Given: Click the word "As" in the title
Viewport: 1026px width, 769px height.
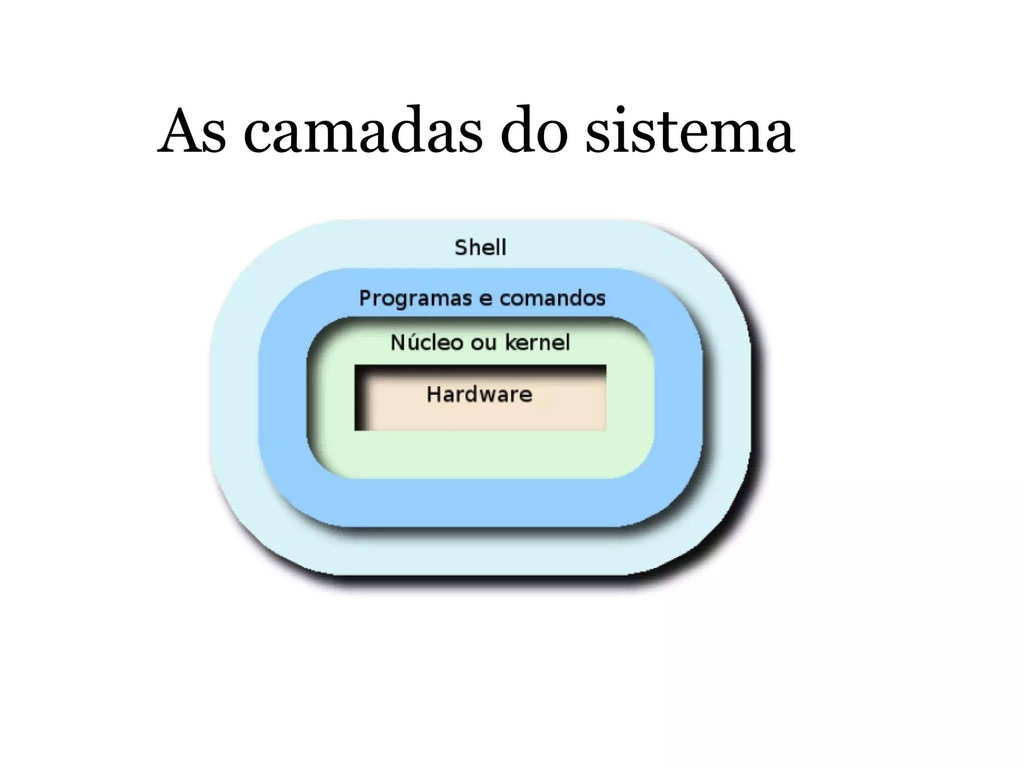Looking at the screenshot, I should pyautogui.click(x=192, y=131).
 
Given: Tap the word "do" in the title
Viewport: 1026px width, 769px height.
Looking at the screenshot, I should pyautogui.click(x=535, y=131).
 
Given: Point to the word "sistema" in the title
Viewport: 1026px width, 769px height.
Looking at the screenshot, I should pyautogui.click(x=690, y=131).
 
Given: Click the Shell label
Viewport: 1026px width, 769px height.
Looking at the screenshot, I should pyautogui.click(x=480, y=247).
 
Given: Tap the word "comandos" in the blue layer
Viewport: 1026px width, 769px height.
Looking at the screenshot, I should pyautogui.click(x=553, y=298).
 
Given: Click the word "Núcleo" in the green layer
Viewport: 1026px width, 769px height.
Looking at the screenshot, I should pyautogui.click(x=427, y=342).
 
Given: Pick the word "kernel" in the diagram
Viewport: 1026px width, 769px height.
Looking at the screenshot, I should pyautogui.click(x=538, y=342).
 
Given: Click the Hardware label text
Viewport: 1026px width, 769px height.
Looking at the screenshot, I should pyautogui.click(x=479, y=395).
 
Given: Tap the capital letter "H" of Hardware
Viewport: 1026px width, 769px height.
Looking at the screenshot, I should pyautogui.click(x=433, y=395).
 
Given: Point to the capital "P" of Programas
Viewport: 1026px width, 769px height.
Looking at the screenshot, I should pyautogui.click(x=365, y=298).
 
